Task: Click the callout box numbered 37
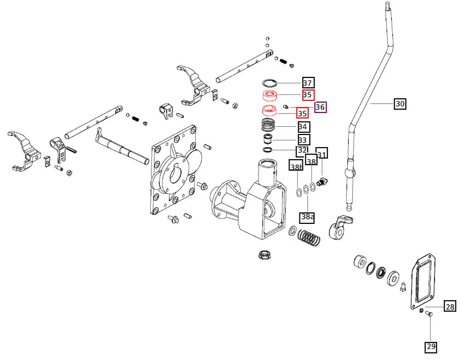tap(308, 83)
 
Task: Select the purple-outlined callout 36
tap(320, 107)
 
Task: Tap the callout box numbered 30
tap(400, 103)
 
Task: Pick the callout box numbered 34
tap(303, 126)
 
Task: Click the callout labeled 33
tap(303, 140)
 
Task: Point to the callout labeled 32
tap(302, 150)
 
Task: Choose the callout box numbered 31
tap(322, 154)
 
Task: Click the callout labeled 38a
tap(308, 217)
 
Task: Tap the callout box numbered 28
tap(450, 306)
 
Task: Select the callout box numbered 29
tap(431, 346)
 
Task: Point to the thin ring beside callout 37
tap(268, 83)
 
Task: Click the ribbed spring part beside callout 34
tap(269, 124)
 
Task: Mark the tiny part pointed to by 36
tap(285, 106)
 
